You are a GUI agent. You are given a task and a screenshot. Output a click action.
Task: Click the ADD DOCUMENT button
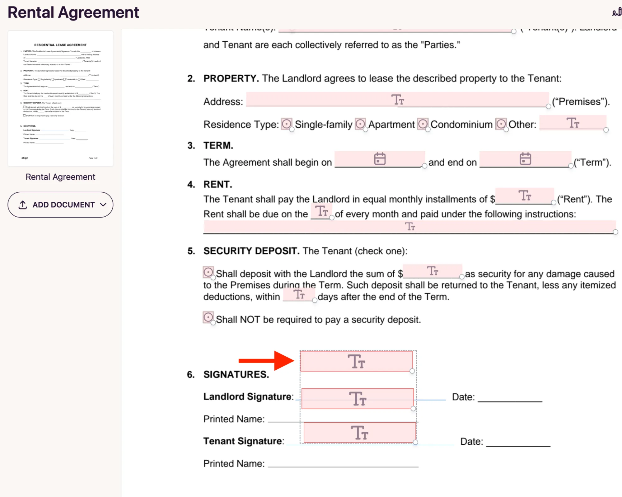[x=60, y=204]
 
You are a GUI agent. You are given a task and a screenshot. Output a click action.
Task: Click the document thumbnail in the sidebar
[x=60, y=98]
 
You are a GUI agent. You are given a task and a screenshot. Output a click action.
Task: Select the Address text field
[x=397, y=100]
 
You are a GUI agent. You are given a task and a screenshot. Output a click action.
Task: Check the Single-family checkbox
[x=286, y=124]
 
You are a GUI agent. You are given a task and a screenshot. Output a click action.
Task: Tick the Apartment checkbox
[x=360, y=124]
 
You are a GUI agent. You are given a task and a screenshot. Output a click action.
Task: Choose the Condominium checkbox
[x=423, y=124]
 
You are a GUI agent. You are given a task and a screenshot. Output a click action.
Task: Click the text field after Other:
[x=573, y=123]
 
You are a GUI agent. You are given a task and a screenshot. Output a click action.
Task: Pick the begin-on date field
[x=380, y=159]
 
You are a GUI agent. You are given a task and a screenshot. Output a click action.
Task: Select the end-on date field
[x=525, y=159]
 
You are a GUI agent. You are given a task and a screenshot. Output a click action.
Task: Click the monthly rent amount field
[x=525, y=196]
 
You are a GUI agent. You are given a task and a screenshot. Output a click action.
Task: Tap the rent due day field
[x=321, y=211]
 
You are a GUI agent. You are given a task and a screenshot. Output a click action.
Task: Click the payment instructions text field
[x=409, y=227]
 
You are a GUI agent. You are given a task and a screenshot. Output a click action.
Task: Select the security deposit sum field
[x=432, y=271]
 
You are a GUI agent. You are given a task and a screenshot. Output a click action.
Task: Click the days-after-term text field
[x=299, y=294]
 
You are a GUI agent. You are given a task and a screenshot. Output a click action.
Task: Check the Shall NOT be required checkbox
[x=208, y=317]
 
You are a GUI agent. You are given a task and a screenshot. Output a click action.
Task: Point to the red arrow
[x=266, y=361]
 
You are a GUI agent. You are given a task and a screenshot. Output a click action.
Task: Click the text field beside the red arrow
[x=356, y=361]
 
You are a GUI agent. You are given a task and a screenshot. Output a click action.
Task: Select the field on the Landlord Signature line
[x=357, y=399]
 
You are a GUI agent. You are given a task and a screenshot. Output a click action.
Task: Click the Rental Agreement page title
[x=73, y=12]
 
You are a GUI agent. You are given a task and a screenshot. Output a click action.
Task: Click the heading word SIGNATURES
[x=236, y=374]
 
